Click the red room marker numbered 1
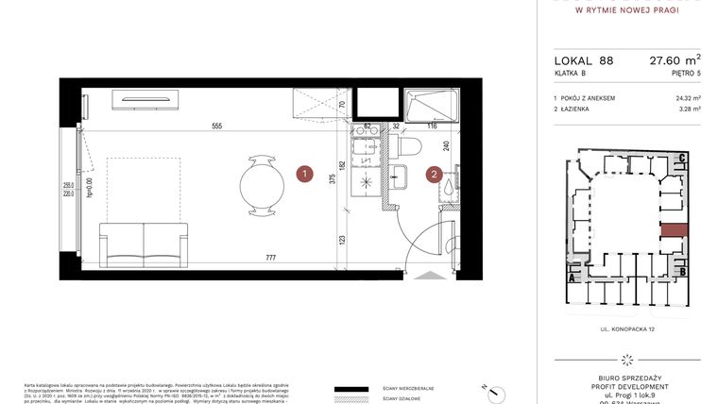point(304,174)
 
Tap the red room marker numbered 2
point(434,174)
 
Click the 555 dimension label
point(216,126)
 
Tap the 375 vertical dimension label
point(333,182)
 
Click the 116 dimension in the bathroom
point(431,126)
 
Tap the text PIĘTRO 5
point(684,72)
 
